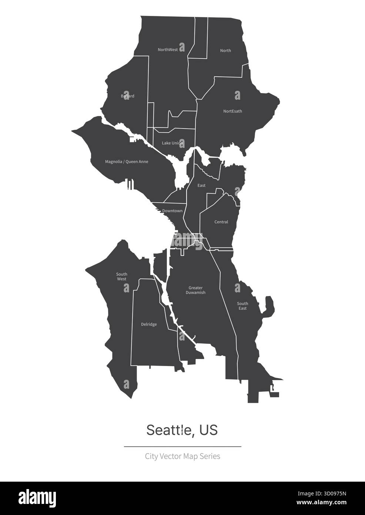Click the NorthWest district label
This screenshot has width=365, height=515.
(x=168, y=50)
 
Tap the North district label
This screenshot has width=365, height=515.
(x=225, y=51)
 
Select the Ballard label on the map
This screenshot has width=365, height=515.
(x=128, y=96)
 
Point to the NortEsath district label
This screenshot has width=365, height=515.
(x=232, y=111)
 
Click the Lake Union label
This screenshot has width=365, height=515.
(x=172, y=143)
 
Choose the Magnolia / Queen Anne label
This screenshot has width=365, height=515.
(x=127, y=162)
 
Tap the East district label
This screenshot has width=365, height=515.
(x=201, y=186)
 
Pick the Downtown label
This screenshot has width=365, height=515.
(x=173, y=211)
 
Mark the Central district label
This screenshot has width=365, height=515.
(x=221, y=222)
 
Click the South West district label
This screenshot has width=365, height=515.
(x=121, y=277)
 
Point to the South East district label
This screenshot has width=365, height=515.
(x=242, y=306)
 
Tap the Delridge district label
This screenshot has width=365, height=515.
(x=149, y=325)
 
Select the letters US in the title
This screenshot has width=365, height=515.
(x=208, y=430)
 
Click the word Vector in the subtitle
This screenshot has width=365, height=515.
(x=171, y=456)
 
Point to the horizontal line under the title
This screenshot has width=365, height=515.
(x=182, y=447)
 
